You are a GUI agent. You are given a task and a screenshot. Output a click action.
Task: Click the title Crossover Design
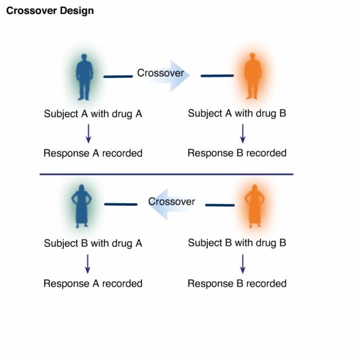[50, 11]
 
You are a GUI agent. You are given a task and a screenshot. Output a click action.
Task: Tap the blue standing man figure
[84, 77]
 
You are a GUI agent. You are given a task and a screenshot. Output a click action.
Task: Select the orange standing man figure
[253, 76]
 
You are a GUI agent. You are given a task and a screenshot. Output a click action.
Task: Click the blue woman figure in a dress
[81, 206]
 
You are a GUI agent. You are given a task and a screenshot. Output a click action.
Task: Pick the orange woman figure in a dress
[255, 206]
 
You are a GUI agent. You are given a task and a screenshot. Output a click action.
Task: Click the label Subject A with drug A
[93, 114]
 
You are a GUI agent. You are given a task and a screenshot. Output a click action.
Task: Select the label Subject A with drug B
[237, 114]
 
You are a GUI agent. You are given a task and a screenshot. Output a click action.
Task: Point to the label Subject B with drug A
[93, 243]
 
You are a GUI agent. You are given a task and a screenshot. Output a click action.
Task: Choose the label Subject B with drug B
[237, 243]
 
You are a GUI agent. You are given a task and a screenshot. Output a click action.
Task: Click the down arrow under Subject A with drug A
[88, 134]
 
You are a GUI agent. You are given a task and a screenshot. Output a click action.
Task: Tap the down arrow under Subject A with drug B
[243, 134]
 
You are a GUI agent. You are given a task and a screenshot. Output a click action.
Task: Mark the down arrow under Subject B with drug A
[87, 264]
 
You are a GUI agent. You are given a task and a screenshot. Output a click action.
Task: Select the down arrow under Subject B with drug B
[243, 264]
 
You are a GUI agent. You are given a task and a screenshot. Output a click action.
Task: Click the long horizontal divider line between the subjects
[167, 174]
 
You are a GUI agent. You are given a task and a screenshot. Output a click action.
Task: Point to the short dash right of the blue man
[118, 77]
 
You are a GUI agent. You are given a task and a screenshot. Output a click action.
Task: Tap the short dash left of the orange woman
[220, 205]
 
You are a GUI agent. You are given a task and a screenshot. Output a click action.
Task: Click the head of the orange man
[253, 56]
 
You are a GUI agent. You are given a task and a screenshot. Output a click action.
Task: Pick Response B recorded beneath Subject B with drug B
[237, 283]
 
